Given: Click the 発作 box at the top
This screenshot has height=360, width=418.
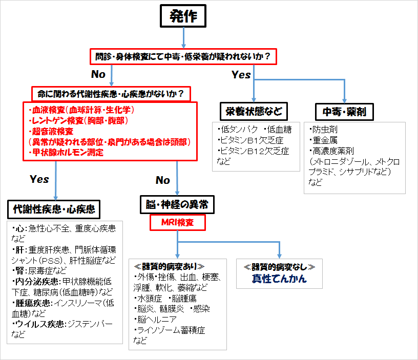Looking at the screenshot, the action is tap(183, 16).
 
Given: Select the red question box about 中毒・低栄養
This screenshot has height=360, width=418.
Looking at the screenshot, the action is tap(183, 56).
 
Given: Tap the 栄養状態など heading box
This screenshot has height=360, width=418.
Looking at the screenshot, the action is tap(254, 112).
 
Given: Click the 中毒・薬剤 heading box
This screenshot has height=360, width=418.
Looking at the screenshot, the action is tap(344, 112).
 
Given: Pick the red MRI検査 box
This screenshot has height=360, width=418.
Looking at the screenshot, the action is tap(178, 222).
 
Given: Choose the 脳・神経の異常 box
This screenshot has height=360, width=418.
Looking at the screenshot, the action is tap(177, 205).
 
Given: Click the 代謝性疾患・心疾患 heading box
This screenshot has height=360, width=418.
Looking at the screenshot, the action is tap(54, 209).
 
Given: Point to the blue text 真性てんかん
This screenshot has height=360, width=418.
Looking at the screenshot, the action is tap(279, 279).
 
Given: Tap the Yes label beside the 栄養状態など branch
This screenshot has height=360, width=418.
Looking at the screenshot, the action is tap(241, 75).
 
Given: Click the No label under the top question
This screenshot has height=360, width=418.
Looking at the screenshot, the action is tap(98, 74).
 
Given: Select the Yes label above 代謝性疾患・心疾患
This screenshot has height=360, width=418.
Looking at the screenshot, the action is tap(39, 179).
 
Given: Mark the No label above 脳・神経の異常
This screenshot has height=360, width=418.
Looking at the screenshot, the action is tap(162, 180).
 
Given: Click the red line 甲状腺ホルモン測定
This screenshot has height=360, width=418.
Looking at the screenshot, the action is tap(66, 153).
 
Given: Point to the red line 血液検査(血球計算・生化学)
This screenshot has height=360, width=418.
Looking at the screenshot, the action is tap(81, 110).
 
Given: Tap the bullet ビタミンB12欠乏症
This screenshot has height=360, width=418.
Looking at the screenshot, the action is tap(253, 151).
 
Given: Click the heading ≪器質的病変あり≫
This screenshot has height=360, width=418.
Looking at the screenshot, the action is tap(169, 266).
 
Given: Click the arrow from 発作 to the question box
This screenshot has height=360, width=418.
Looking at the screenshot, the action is tap(183, 38).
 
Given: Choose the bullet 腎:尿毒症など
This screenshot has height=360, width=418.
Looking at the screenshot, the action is tap(39, 271).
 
